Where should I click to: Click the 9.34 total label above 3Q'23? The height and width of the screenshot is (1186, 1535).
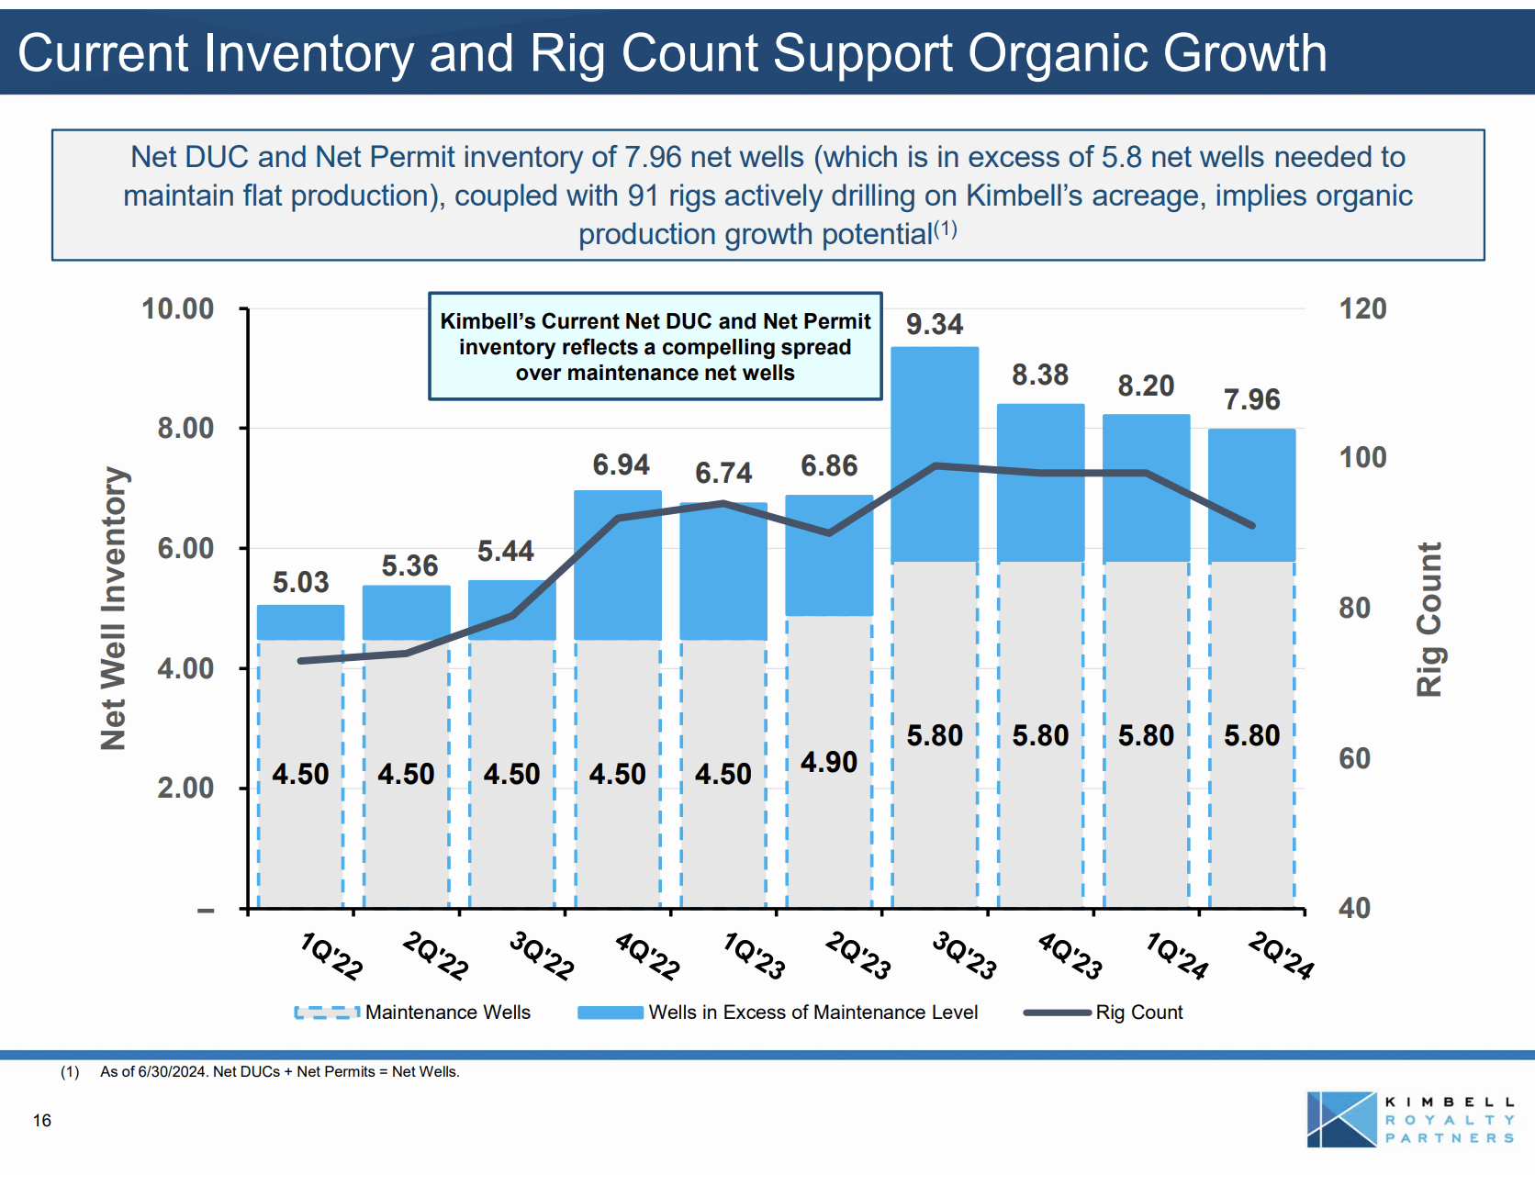(x=934, y=324)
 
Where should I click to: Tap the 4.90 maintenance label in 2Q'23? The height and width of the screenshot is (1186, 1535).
(x=828, y=762)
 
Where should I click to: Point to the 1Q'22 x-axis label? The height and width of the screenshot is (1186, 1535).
(x=331, y=956)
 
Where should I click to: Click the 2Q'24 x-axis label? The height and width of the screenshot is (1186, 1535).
(x=1282, y=956)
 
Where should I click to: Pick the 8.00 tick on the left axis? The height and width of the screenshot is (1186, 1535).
(x=185, y=428)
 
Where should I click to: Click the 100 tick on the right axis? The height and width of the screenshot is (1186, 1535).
(x=1362, y=457)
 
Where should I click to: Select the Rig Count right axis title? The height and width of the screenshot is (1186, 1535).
(x=1429, y=620)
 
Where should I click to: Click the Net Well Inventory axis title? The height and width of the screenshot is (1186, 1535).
(x=114, y=608)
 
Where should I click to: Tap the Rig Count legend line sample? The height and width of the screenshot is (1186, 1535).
(x=1058, y=1013)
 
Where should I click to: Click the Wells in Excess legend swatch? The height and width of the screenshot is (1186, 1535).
(x=611, y=1013)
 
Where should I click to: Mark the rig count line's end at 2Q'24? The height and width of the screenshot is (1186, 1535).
(x=1252, y=526)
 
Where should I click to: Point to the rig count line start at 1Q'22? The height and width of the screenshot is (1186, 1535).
(x=301, y=661)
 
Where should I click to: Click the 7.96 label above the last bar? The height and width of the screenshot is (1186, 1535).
(x=1251, y=399)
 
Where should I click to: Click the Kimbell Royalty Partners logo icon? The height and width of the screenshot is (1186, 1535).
(x=1341, y=1119)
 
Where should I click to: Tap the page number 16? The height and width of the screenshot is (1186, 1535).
(x=42, y=1120)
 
